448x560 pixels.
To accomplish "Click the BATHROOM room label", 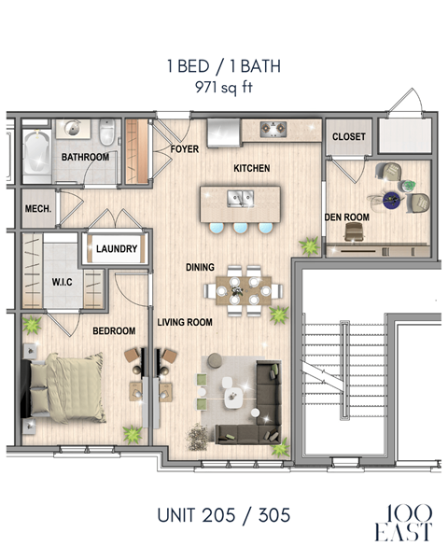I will tap(85, 158).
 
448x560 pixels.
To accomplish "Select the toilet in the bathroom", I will tap(106, 131).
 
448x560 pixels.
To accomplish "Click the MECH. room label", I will tap(37, 208).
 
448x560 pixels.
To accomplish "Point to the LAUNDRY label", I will tap(118, 249).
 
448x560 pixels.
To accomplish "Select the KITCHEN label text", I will tap(251, 169).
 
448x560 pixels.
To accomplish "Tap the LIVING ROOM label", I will tap(185, 323).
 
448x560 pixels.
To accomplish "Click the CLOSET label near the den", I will tap(349, 137).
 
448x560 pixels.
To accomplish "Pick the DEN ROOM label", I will tap(347, 217).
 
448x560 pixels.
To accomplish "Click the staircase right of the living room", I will tap(343, 373).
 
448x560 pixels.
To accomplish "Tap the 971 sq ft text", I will tap(223, 88).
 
